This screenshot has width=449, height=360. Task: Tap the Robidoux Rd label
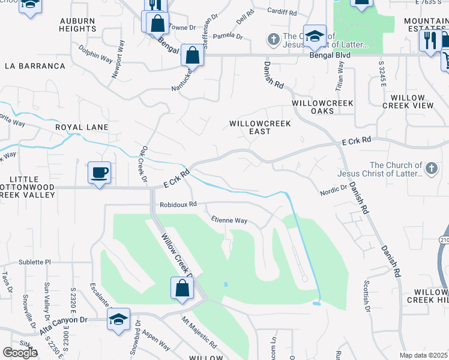(178, 204)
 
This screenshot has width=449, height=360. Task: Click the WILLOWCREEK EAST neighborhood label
(260, 128)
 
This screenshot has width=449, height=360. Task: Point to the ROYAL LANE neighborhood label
(82, 127)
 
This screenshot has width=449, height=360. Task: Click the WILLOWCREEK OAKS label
(322, 108)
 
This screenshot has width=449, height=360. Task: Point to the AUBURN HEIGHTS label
(77, 25)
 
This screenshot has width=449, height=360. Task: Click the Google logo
(20, 352)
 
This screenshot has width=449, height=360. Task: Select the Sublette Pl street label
(35, 262)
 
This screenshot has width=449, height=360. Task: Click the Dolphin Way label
(95, 52)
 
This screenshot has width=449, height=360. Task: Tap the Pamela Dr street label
(228, 37)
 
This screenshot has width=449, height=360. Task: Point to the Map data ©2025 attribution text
(423, 355)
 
